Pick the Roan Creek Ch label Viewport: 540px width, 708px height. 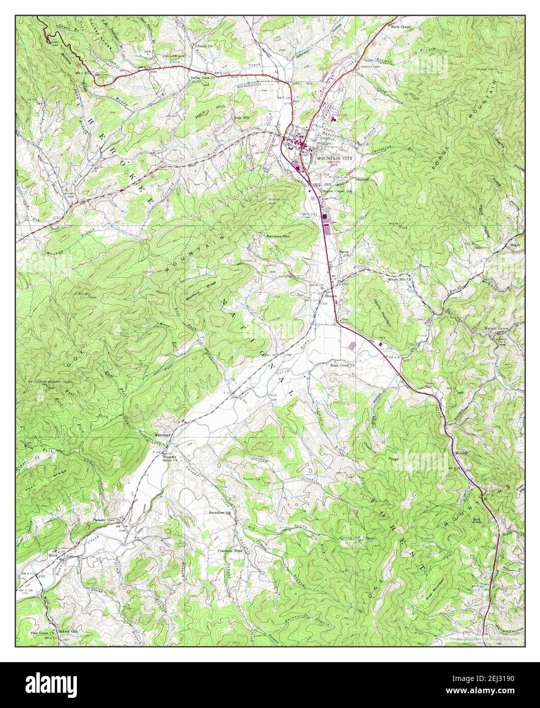tap(342, 365)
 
